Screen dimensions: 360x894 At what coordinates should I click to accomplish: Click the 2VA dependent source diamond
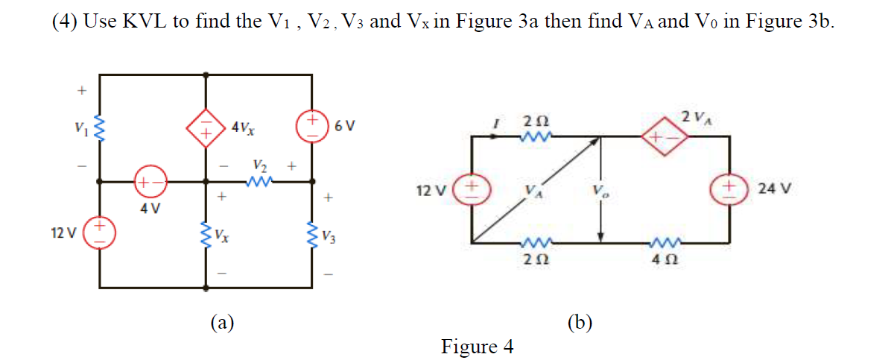click(x=659, y=138)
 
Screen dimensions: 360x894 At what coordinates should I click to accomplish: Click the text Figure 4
click(x=477, y=346)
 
